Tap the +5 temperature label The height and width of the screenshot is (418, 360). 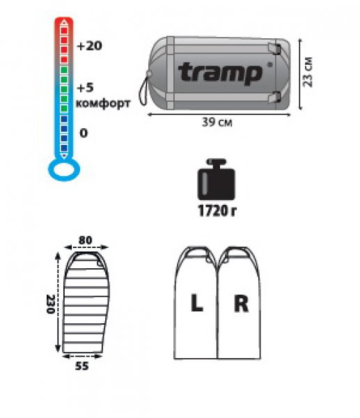(86, 88)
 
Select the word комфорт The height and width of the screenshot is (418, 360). (102, 104)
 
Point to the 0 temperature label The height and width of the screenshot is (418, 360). (84, 133)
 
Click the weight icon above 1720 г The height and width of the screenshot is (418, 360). (218, 180)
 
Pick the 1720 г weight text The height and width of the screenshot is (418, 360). (218, 210)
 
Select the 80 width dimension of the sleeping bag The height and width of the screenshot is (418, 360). (86, 240)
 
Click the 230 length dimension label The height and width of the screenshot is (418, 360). (51, 304)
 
